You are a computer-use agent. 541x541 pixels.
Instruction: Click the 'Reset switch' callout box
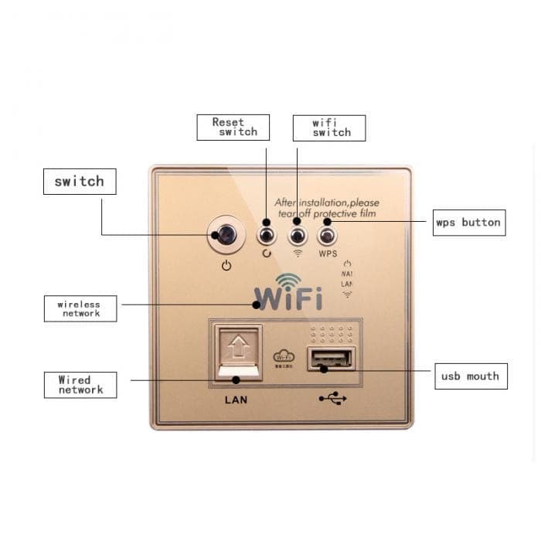[233, 128]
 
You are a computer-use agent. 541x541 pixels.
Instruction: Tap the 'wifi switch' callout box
[328, 128]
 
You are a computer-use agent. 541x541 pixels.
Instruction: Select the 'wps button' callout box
[468, 223]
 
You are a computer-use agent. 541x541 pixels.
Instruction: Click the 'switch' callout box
[79, 182]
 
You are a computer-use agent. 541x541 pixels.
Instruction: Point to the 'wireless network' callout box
[80, 308]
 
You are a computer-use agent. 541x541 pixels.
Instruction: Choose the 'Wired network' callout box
[80, 385]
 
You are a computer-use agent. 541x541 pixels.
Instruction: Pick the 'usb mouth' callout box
[470, 376]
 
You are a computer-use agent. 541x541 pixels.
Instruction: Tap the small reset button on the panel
[267, 233]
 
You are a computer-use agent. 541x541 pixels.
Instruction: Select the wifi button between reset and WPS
[297, 233]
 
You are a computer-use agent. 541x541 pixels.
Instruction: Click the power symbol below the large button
[226, 265]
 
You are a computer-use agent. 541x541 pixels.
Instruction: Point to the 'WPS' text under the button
[328, 253]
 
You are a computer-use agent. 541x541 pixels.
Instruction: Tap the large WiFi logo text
[288, 297]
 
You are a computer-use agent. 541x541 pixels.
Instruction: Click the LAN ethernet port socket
[238, 352]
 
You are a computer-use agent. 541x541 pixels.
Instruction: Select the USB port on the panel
[331, 359]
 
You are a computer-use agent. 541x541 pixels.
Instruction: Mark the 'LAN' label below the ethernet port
[236, 400]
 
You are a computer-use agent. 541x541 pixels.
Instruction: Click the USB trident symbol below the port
[332, 399]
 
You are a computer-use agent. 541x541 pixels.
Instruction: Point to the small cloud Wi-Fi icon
[284, 357]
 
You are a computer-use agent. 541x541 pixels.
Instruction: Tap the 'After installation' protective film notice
[327, 208]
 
